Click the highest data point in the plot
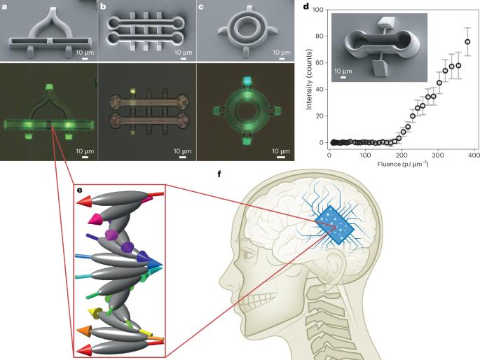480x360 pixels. point(467,41)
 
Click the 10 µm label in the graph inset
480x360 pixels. point(343,71)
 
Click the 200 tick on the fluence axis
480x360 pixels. point(399,154)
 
